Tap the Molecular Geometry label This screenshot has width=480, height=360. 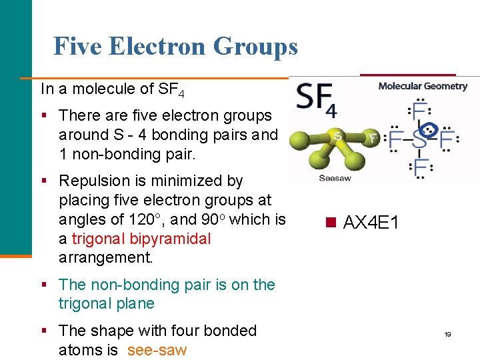point(423,85)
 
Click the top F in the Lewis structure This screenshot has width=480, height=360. point(420,111)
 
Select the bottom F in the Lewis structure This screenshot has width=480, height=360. point(421,167)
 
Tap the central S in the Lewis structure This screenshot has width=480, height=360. point(420,139)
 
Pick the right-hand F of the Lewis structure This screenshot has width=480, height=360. point(446,139)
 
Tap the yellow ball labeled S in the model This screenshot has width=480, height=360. point(338,137)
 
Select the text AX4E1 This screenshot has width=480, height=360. point(371,223)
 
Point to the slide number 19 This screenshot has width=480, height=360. point(448,334)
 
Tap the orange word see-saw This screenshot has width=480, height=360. point(157,350)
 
